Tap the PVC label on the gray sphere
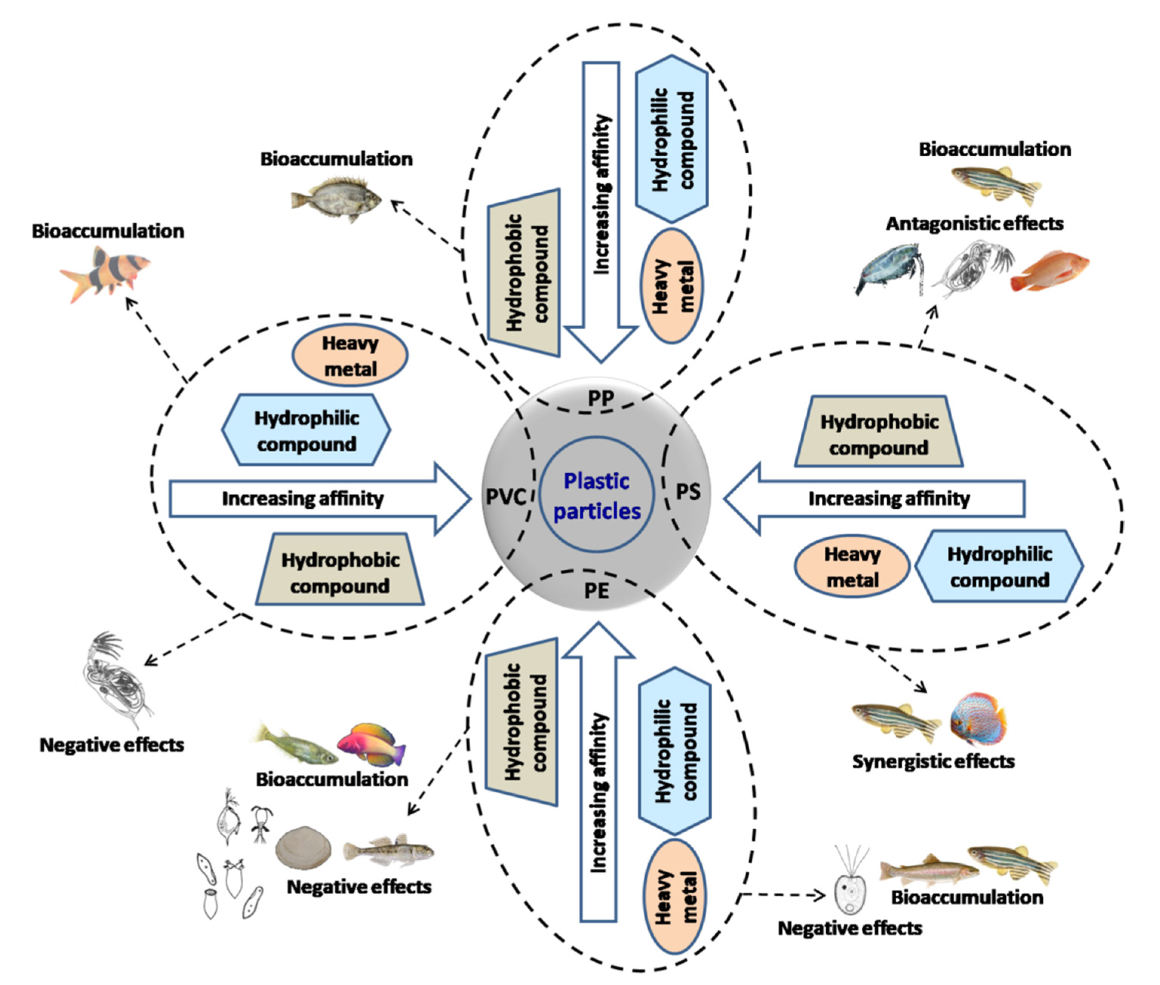tap(505, 496)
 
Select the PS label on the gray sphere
tap(688, 491)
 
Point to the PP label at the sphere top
tap(601, 399)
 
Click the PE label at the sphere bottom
tap(596, 590)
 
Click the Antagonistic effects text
tap(974, 224)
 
